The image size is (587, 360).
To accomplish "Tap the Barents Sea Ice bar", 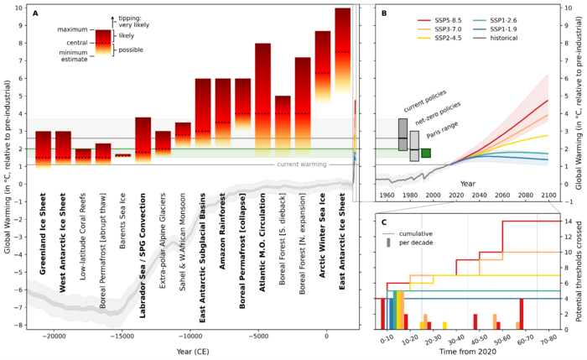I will [x=123, y=155].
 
